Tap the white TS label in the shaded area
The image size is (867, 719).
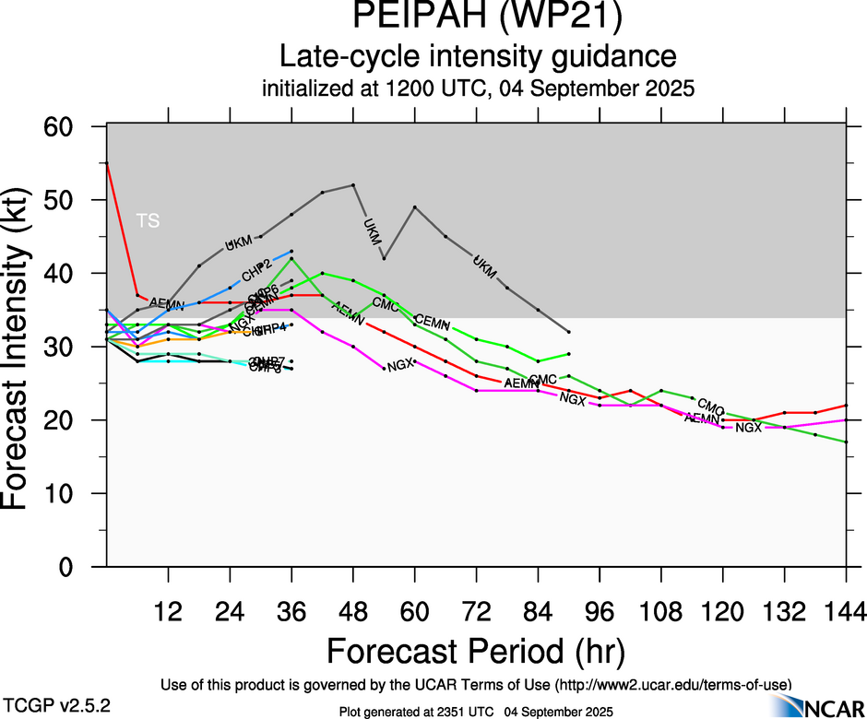148,220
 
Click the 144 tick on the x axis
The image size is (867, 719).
846,611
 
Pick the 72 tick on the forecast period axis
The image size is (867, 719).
476,611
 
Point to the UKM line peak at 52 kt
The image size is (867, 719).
353,185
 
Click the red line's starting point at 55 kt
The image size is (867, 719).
107,163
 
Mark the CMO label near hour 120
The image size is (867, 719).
710,405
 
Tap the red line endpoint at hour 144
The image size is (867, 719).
846,406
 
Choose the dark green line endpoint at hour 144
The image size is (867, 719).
846,442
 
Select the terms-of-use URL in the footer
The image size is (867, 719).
671,685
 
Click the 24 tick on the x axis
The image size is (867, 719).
230,611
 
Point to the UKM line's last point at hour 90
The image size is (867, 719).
569,332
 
